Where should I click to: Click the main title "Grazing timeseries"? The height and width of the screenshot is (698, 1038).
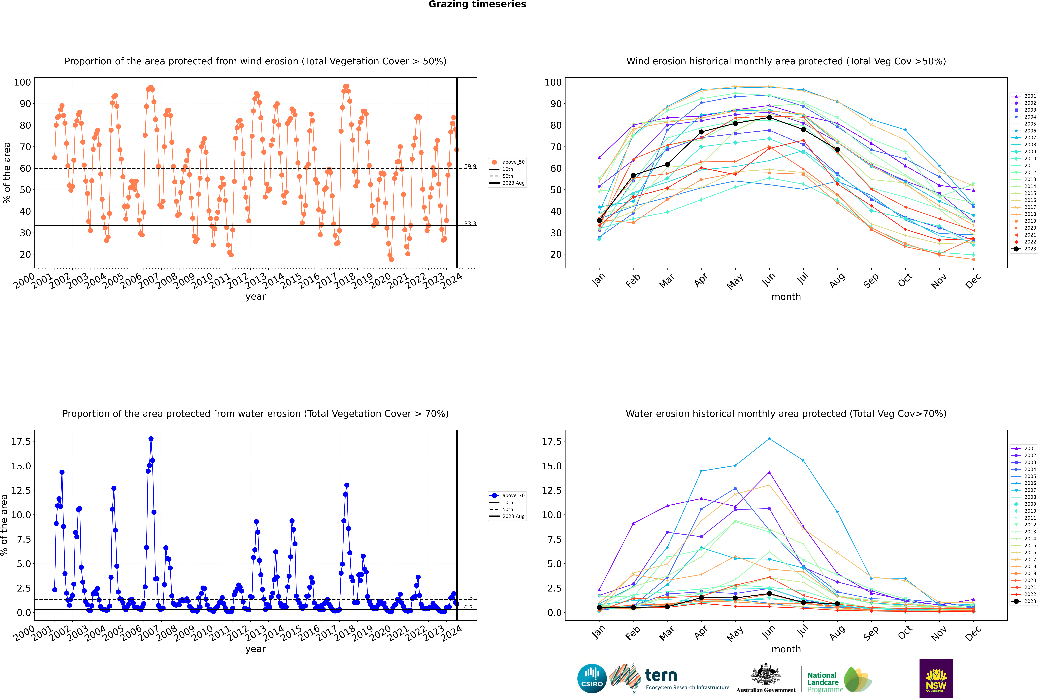tap(477, 4)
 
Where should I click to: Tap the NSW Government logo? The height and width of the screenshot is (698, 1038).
tap(936, 678)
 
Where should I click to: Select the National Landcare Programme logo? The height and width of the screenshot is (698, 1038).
tap(839, 680)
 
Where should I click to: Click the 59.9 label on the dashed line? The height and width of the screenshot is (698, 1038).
tap(470, 166)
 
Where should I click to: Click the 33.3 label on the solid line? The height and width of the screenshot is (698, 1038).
tap(470, 223)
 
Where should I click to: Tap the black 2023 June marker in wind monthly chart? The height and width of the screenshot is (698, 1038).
tap(769, 118)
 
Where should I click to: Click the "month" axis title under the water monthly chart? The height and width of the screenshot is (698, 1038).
tap(786, 649)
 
